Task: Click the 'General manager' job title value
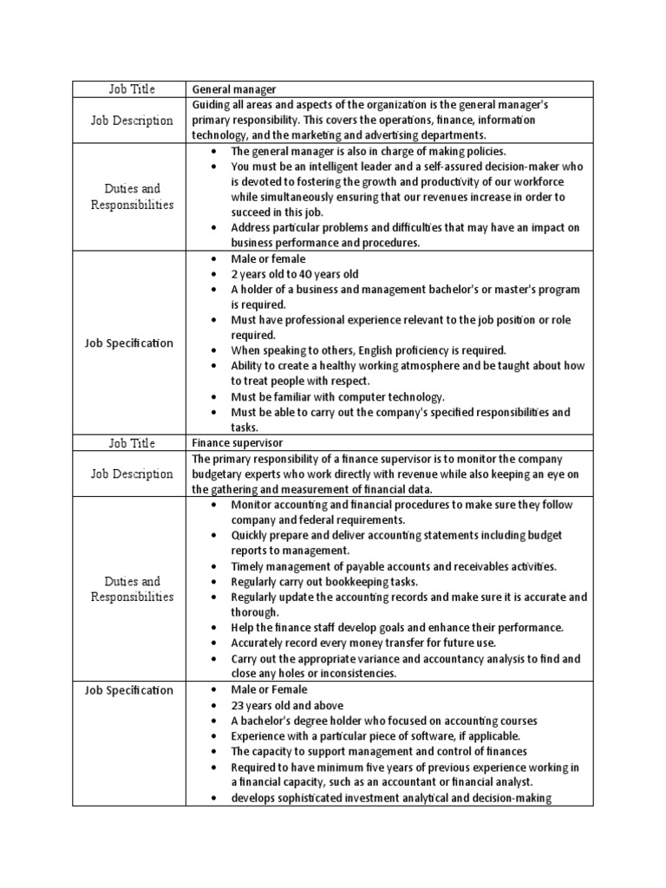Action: (x=233, y=89)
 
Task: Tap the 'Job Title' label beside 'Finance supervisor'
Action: (x=131, y=443)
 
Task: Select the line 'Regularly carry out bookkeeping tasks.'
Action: (x=324, y=582)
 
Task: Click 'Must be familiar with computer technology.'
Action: (x=337, y=397)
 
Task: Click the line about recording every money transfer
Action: (x=363, y=643)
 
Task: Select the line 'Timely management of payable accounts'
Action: (x=394, y=566)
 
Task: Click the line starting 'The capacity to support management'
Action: (x=378, y=752)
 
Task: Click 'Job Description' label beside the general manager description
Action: (x=131, y=120)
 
